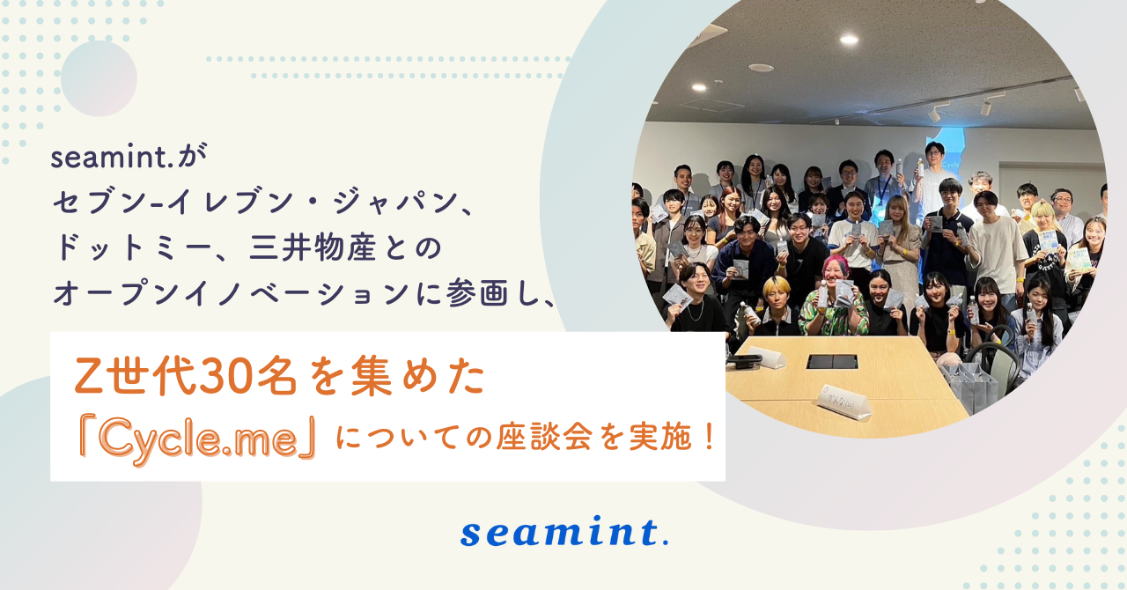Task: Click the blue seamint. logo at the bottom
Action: tap(564, 532)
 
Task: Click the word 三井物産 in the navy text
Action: tap(312, 247)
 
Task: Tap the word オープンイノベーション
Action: tap(231, 294)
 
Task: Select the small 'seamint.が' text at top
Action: tap(129, 157)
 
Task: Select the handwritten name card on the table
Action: tap(844, 402)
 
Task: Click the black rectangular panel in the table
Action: tap(832, 361)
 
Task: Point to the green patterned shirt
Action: tap(833, 314)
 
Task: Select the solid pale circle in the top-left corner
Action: tap(99, 78)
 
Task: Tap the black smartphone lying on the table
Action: tap(745, 360)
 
